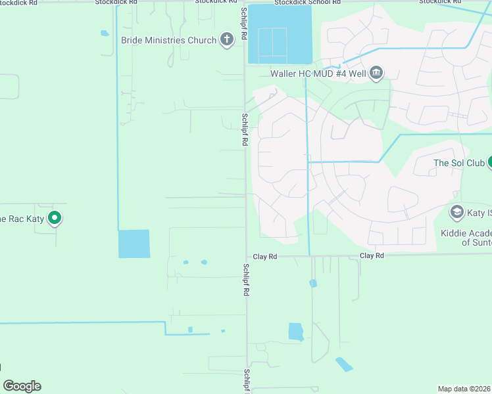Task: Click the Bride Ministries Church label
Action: (x=168, y=40)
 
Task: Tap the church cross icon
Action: (x=227, y=40)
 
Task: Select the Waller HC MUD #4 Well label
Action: (x=318, y=73)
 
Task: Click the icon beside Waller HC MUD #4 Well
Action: (x=376, y=72)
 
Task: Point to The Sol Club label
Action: (x=458, y=163)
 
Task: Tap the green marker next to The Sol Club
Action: (x=489, y=163)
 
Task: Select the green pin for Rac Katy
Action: (x=55, y=218)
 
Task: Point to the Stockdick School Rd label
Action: (x=308, y=3)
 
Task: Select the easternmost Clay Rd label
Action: (x=372, y=255)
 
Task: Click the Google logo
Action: (x=22, y=386)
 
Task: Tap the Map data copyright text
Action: (x=464, y=388)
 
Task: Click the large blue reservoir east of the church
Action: (x=280, y=35)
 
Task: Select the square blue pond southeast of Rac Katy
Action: (x=134, y=244)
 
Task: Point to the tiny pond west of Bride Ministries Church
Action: (x=105, y=33)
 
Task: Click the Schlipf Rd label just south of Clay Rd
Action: (x=245, y=275)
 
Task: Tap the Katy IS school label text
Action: (x=480, y=213)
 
